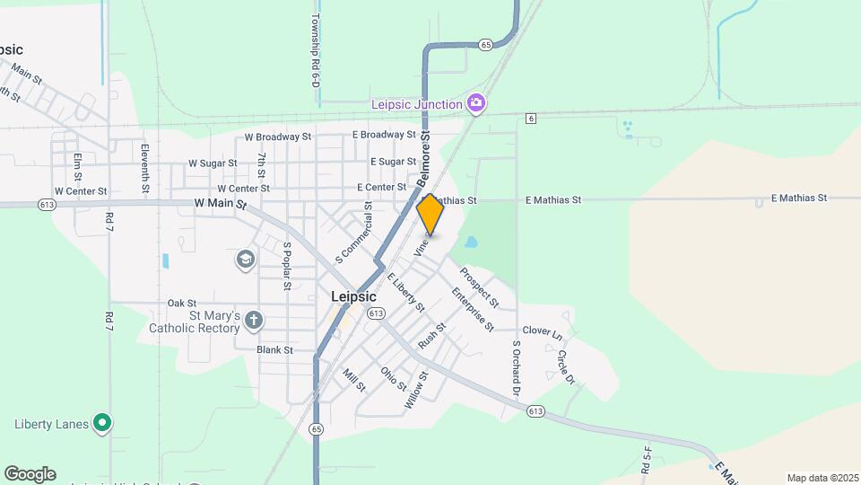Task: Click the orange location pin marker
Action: click(430, 215)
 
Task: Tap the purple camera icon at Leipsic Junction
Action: click(476, 103)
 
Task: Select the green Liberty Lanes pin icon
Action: click(102, 422)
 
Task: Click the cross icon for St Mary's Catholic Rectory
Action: click(254, 319)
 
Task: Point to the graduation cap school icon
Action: click(244, 260)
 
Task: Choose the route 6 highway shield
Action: click(531, 119)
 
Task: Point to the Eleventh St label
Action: click(144, 168)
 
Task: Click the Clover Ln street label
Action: click(542, 331)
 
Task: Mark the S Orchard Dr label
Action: click(517, 368)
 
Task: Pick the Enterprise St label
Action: click(473, 309)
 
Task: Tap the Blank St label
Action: click(274, 350)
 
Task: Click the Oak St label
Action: click(181, 304)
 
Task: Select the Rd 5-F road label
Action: click(646, 459)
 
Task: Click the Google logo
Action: click(30, 474)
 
